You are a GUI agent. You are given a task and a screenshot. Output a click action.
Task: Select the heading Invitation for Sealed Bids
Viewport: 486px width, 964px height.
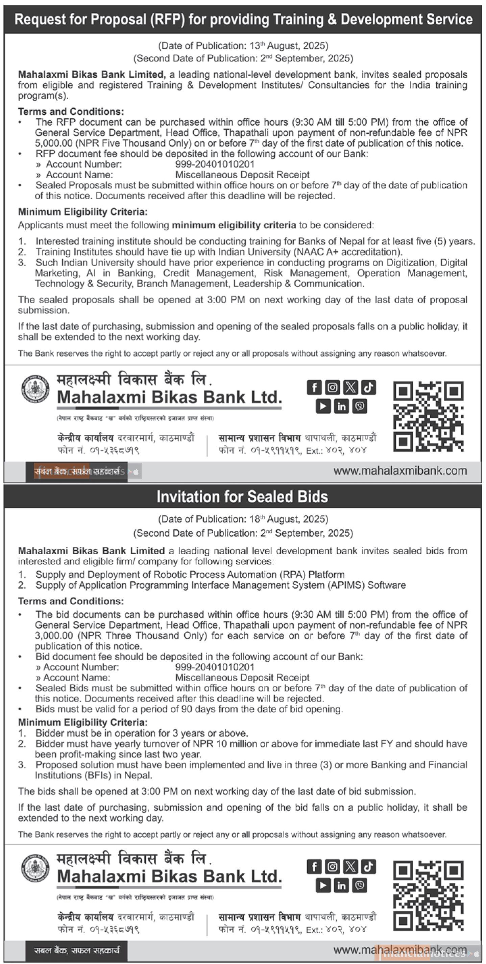pos(242,497)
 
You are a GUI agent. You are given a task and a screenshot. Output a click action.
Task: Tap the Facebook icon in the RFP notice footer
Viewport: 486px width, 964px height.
pos(314,388)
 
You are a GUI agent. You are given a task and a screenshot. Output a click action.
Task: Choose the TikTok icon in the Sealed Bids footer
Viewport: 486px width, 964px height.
pos(368,866)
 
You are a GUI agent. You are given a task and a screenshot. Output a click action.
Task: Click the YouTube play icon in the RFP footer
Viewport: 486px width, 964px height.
pos(323,406)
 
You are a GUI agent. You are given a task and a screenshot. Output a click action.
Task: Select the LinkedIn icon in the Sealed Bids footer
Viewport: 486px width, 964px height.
pos(341,885)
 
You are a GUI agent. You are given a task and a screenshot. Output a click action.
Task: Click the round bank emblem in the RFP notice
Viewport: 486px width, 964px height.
pos(35,389)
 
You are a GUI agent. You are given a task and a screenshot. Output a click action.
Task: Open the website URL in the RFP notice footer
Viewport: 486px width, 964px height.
pos(400,471)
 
